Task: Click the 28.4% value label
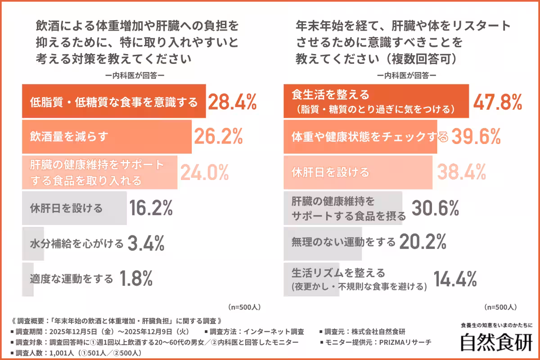click(232, 103)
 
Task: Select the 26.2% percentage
click(219, 137)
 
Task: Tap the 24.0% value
click(205, 171)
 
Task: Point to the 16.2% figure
click(151, 208)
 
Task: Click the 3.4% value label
click(146, 243)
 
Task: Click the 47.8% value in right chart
click(497, 103)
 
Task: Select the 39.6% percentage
click(476, 137)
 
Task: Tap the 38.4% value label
click(462, 172)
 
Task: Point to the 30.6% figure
click(435, 208)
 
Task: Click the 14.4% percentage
click(454, 279)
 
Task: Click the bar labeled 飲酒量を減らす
click(107, 137)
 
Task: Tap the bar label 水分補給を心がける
click(76, 244)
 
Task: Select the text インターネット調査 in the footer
click(277, 332)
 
